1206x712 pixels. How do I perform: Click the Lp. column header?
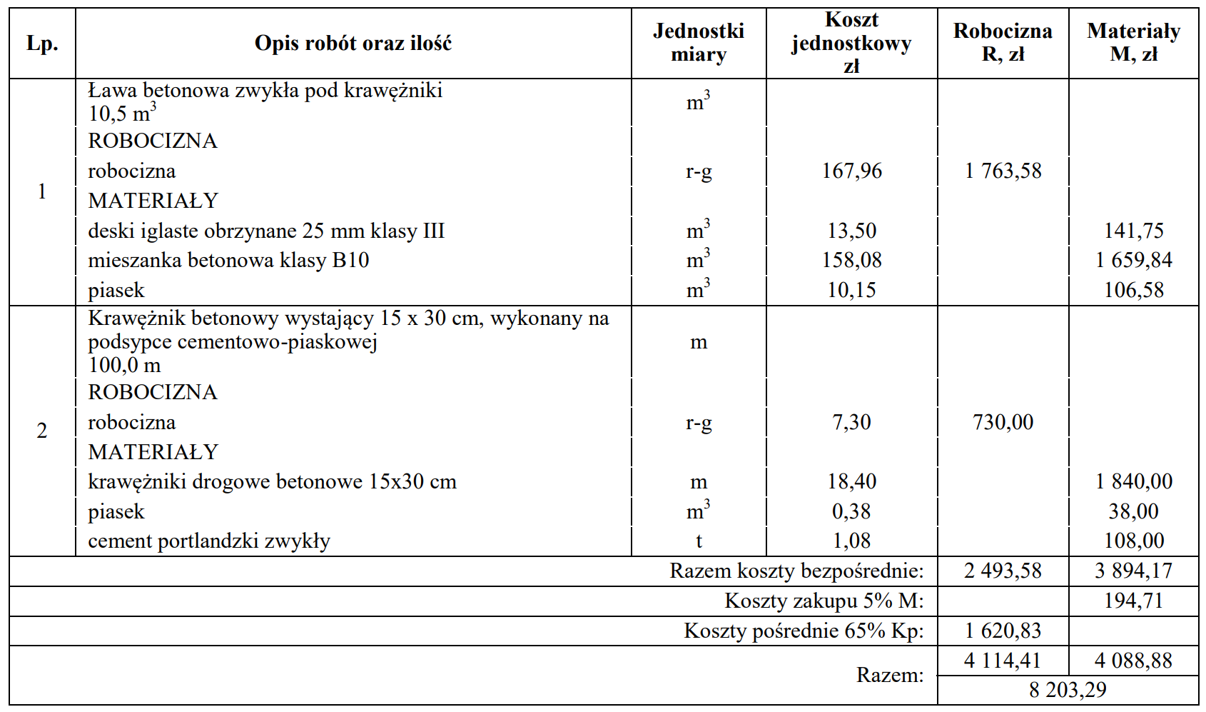tap(42, 44)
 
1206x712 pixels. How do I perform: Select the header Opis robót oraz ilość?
tap(353, 44)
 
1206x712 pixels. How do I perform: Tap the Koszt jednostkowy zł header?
tap(851, 43)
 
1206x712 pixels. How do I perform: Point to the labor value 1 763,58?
tap(1003, 171)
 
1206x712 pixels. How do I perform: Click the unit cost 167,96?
tap(851, 171)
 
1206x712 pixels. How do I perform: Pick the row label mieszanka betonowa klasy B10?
tap(228, 260)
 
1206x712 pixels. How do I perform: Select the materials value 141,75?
tap(1133, 231)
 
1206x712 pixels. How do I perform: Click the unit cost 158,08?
tap(851, 260)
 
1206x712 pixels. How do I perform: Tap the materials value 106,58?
tap(1133, 290)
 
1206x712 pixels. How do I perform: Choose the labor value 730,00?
tap(1003, 422)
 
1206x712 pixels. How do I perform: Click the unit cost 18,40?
tap(851, 481)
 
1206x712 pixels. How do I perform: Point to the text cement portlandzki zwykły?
tap(209, 541)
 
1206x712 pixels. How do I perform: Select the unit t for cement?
tap(699, 541)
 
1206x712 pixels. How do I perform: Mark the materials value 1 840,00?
tap(1133, 481)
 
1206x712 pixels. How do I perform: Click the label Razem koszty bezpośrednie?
tap(796, 571)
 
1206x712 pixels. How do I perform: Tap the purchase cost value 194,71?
tap(1133, 601)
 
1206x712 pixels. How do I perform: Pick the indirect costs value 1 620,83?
tap(1003, 631)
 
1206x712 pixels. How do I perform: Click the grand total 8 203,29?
tap(1068, 690)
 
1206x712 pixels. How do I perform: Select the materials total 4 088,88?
tap(1133, 661)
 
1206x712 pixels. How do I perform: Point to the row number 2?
tap(42, 431)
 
